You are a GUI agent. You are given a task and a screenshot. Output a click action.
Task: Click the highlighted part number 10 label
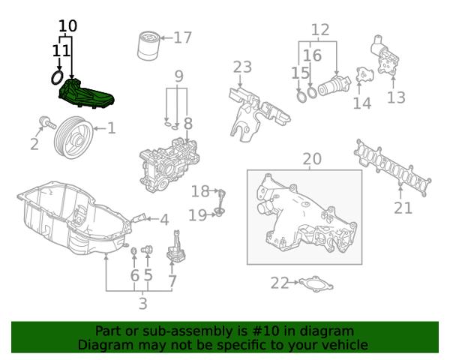pyautogui.click(x=67, y=25)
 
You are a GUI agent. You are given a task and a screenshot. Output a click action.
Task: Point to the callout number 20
pyautogui.click(x=311, y=158)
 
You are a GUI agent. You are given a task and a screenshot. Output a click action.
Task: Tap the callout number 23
pyautogui.click(x=242, y=67)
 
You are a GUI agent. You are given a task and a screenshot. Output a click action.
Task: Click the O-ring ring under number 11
pyautogui.click(x=56, y=77)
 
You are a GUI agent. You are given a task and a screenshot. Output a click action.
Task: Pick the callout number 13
pyautogui.click(x=396, y=97)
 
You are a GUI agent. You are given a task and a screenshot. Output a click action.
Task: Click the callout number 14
pyautogui.click(x=362, y=102)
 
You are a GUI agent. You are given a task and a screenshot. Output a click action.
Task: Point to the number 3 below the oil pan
pyautogui.click(x=142, y=304)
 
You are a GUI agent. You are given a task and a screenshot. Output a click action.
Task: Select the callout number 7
pyautogui.click(x=172, y=282)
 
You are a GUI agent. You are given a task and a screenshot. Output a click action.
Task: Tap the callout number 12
pyautogui.click(x=320, y=30)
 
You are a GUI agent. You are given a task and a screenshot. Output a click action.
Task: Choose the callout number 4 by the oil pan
pyautogui.click(x=163, y=220)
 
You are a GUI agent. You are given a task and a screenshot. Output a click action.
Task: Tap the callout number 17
pyautogui.click(x=183, y=37)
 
